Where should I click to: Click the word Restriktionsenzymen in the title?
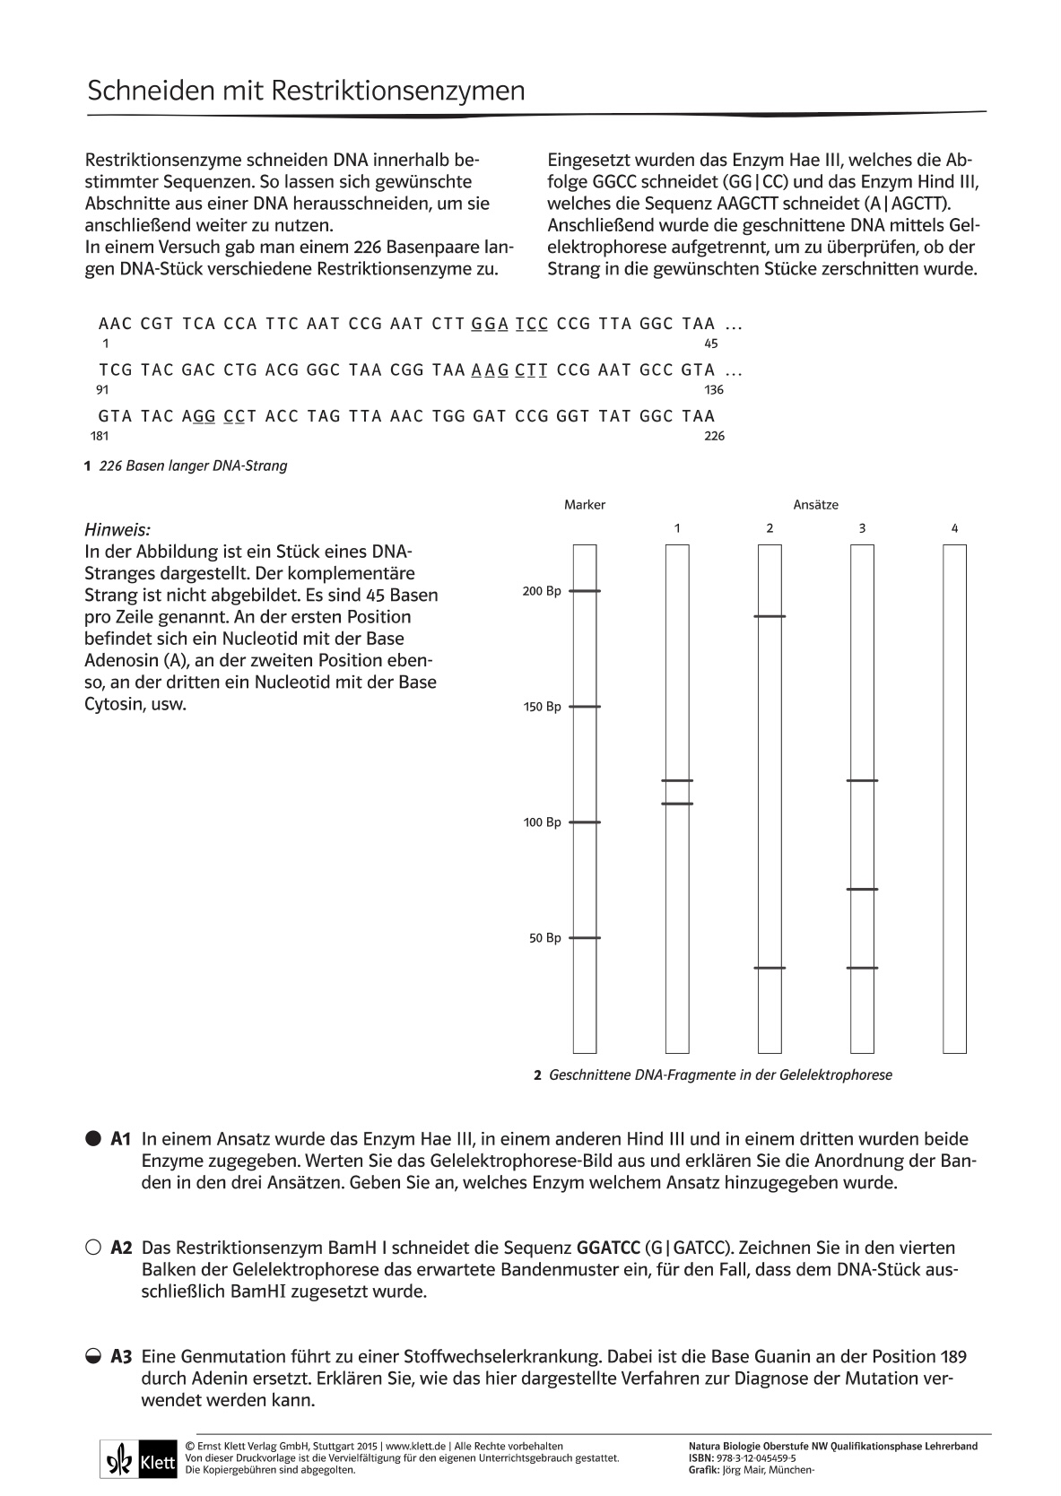[397, 91]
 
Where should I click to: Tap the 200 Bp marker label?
[542, 591]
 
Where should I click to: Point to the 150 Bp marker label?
[542, 707]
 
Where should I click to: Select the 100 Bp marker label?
[542, 822]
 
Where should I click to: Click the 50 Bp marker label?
[544, 938]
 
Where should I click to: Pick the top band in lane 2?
[770, 617]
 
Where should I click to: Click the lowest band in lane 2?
[770, 969]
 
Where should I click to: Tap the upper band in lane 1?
[677, 781]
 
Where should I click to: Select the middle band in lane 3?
[862, 890]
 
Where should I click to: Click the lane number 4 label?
[954, 528]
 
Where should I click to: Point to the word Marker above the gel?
[585, 505]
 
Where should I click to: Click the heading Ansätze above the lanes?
[815, 505]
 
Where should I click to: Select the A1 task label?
[121, 1140]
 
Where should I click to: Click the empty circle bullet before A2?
[93, 1248]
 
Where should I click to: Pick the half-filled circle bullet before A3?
[93, 1357]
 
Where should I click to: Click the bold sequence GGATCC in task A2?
[608, 1248]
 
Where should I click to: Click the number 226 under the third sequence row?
[714, 436]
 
